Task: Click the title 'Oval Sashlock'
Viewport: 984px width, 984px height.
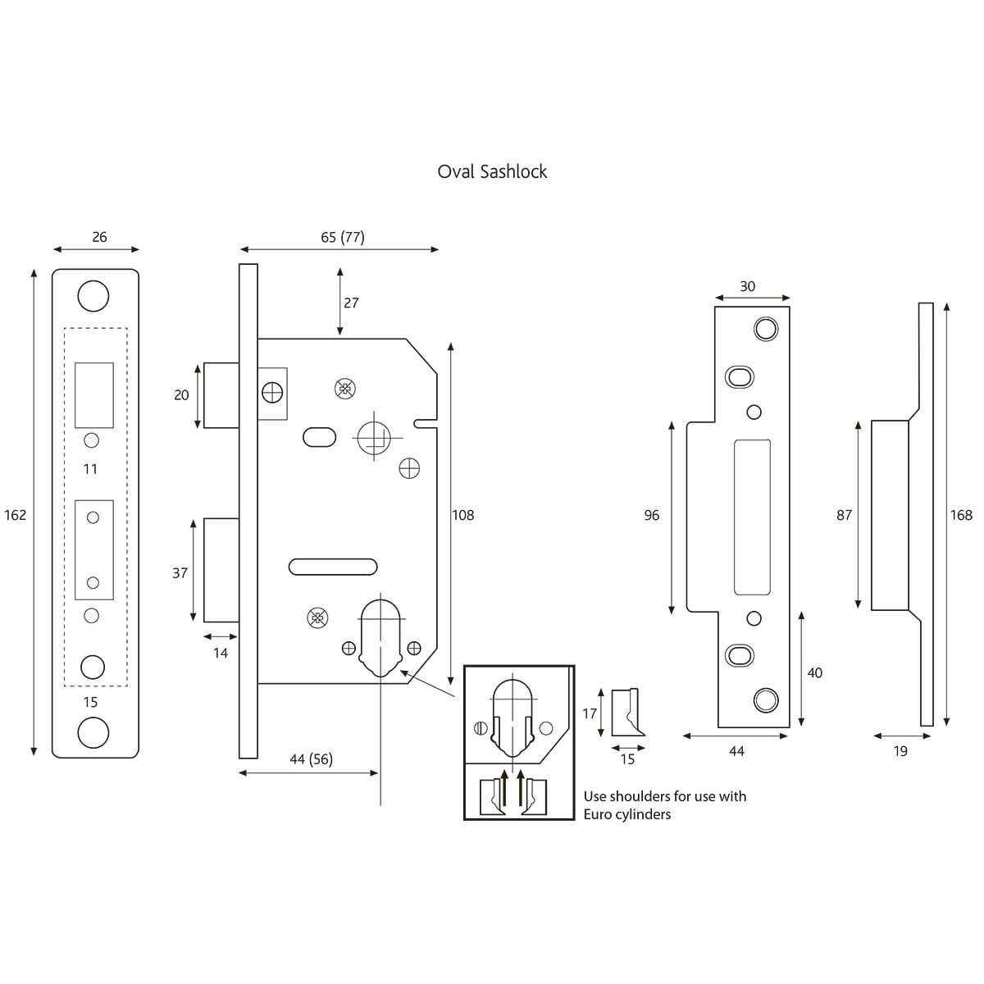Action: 492,171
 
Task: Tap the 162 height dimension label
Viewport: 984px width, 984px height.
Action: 16,515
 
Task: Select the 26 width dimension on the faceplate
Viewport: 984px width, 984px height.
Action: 99,237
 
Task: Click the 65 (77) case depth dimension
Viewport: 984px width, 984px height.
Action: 343,237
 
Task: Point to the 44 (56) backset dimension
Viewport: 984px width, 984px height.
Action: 311,759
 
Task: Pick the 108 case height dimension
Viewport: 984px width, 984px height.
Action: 463,515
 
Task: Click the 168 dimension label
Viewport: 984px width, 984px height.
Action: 961,515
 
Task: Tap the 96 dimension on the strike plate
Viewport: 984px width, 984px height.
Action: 652,515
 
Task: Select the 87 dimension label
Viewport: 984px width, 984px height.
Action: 845,515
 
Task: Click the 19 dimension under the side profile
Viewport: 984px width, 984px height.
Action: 900,751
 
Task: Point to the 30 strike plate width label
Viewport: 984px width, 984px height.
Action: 747,286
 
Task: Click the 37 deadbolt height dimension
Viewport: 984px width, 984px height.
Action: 180,573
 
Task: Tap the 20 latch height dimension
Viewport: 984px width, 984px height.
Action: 181,394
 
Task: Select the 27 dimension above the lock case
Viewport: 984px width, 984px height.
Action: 352,303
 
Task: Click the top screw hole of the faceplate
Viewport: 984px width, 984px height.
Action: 93,296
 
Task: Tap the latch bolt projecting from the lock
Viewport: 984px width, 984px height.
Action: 221,394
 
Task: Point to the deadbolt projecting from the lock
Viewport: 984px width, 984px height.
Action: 221,570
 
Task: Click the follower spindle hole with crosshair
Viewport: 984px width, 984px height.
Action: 376,436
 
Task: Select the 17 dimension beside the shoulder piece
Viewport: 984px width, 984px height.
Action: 590,713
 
